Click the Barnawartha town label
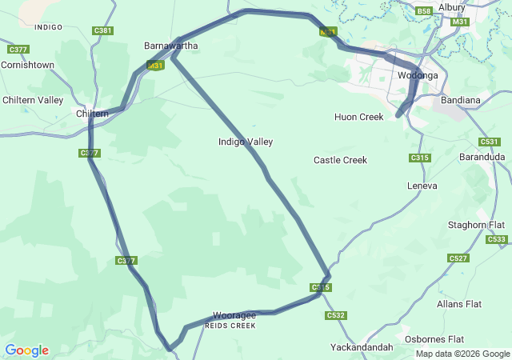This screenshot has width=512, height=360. pyautogui.click(x=170, y=46)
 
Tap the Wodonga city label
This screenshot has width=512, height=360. pyautogui.click(x=418, y=75)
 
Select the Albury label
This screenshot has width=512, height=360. pyautogui.click(x=451, y=7)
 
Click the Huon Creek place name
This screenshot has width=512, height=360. pyautogui.click(x=359, y=117)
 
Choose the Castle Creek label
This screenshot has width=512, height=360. pyautogui.click(x=340, y=160)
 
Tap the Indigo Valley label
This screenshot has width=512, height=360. pyautogui.click(x=246, y=142)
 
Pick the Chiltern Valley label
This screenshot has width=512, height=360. pyautogui.click(x=33, y=100)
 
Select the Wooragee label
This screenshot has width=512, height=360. pyautogui.click(x=234, y=315)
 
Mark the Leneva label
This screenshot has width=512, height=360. pyautogui.click(x=422, y=186)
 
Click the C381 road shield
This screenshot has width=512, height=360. pyautogui.click(x=102, y=30)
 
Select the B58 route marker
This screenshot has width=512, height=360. pyautogui.click(x=424, y=10)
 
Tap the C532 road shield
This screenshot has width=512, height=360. pyautogui.click(x=335, y=316)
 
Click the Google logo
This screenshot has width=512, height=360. pyautogui.click(x=26, y=350)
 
